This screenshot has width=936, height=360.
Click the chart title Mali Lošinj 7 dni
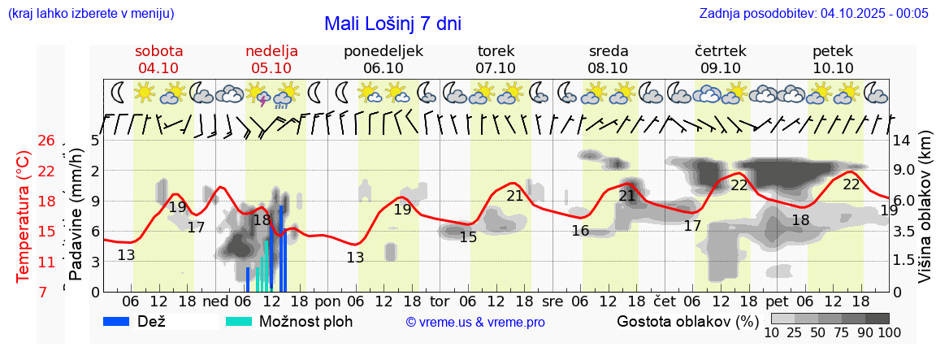tap(392, 24)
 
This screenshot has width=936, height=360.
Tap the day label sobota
tap(158, 50)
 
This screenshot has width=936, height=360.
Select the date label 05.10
tap(271, 68)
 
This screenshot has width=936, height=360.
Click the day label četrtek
tap(720, 50)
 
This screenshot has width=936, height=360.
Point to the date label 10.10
tap(833, 68)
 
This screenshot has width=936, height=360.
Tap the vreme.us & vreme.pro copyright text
tap(475, 322)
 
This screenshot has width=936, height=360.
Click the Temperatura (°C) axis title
tap(24, 215)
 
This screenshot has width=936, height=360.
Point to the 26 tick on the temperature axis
tap(46, 141)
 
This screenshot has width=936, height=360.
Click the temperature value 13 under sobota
tap(126, 255)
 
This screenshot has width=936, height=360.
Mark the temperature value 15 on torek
tap(468, 237)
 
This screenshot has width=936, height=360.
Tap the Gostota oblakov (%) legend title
tap(687, 321)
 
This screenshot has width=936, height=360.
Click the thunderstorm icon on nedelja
tap(260, 95)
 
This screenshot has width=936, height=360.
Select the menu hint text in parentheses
tap(90, 14)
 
